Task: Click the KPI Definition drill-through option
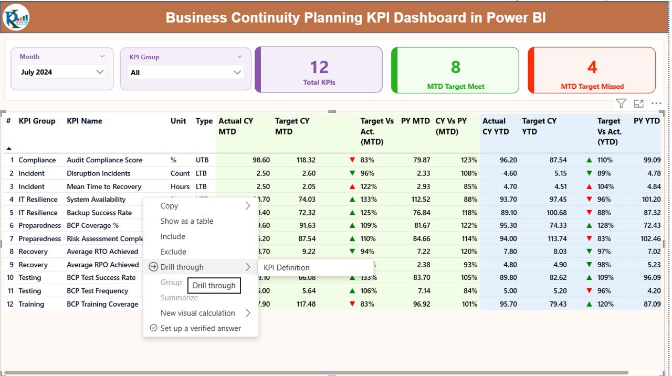[x=287, y=267]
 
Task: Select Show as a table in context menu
[x=187, y=221]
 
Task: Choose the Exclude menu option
[x=173, y=252]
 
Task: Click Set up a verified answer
[x=201, y=328]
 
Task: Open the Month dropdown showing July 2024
[x=62, y=72]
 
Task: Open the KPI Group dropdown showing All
[x=186, y=72]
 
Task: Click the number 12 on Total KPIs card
[x=319, y=67]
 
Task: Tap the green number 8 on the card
[x=455, y=67]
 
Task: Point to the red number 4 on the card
[x=592, y=67]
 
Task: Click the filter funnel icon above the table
[x=621, y=103]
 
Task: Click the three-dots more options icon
[x=656, y=103]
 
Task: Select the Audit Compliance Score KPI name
[x=104, y=160]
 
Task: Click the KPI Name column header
[x=85, y=121]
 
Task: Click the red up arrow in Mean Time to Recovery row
[x=352, y=186]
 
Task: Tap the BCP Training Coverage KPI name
[x=102, y=304]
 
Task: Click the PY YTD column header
[x=646, y=121]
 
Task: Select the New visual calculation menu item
[x=197, y=313]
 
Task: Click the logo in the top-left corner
[x=16, y=17]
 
